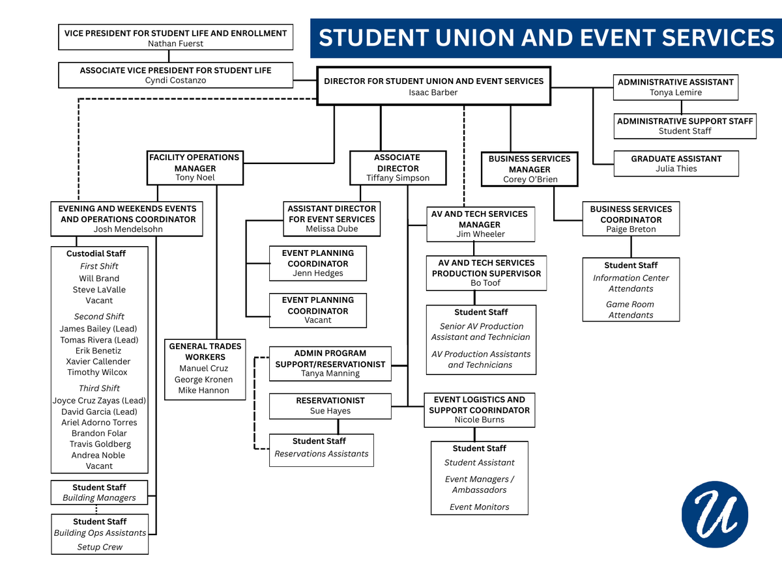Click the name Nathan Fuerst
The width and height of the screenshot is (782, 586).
coord(175,44)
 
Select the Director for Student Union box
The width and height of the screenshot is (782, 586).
coord(433,87)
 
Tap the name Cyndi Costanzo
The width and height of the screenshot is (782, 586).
coord(175,81)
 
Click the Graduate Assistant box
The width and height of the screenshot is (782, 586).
coord(676,163)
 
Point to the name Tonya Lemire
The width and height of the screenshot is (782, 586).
coord(676,92)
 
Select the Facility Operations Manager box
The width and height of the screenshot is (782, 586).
coord(194,167)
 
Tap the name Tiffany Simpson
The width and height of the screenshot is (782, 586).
coord(398,178)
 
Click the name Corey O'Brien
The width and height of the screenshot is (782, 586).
coord(529,180)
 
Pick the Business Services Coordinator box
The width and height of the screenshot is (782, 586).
coord(631,219)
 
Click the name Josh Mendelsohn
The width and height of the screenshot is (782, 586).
coord(128,229)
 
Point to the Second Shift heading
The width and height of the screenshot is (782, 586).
coord(99,316)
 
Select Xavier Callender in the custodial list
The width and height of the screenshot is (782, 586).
coord(98,361)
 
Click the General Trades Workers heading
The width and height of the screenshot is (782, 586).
coord(205,352)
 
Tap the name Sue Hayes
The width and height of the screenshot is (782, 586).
coord(330,411)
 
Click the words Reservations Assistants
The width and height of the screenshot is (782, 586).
coord(321,454)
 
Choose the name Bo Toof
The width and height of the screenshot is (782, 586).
coord(485,283)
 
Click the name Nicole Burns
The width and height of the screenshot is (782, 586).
coord(479,420)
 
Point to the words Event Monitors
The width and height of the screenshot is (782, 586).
coord(479,507)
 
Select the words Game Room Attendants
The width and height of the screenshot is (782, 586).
coord(631,309)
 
